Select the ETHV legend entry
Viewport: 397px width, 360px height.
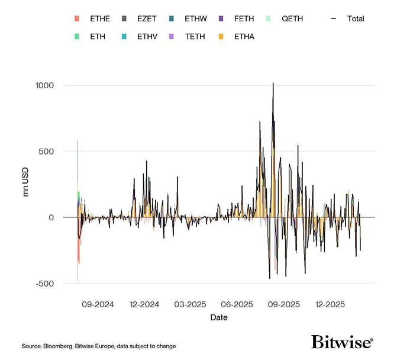pos(147,36)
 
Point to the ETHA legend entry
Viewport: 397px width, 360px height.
pos(243,36)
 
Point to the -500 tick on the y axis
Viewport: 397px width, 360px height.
pos(44,283)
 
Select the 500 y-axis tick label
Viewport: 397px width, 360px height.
pos(46,151)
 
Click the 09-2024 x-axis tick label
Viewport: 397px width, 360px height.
pos(98,304)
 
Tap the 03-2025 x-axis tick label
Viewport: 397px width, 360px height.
pos(191,304)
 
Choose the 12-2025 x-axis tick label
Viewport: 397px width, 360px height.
pos(330,304)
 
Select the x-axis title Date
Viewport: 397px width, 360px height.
pos(219,317)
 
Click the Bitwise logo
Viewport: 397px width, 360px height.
pos(342,342)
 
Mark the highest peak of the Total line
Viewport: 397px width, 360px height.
pos(273,83)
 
